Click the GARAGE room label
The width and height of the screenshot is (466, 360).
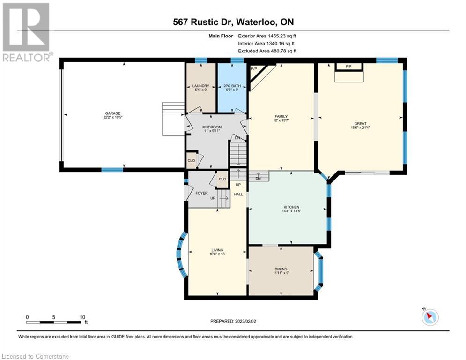[113, 113]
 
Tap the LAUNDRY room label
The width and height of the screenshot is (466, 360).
[200, 86]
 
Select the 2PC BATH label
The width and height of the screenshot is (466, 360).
[232, 86]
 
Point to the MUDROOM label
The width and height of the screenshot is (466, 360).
[212, 127]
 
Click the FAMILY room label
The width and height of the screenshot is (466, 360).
[281, 116]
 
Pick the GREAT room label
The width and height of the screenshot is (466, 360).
[360, 123]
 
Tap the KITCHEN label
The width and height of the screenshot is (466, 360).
[291, 207]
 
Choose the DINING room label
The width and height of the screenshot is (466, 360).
[281, 269]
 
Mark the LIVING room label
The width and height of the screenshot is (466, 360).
[217, 250]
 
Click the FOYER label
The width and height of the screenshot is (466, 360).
[201, 193]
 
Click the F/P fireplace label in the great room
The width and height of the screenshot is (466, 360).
[348, 67]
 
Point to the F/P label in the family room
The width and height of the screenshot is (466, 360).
[254, 69]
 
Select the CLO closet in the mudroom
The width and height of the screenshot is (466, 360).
[191, 160]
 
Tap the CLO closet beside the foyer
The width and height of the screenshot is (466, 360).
[222, 179]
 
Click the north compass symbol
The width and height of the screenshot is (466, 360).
[430, 317]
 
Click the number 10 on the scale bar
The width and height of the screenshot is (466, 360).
[82, 317]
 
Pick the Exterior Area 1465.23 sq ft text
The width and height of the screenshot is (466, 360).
[267, 36]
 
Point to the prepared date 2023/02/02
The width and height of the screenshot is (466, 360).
[245, 321]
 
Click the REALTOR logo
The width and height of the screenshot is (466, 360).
[27, 32]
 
